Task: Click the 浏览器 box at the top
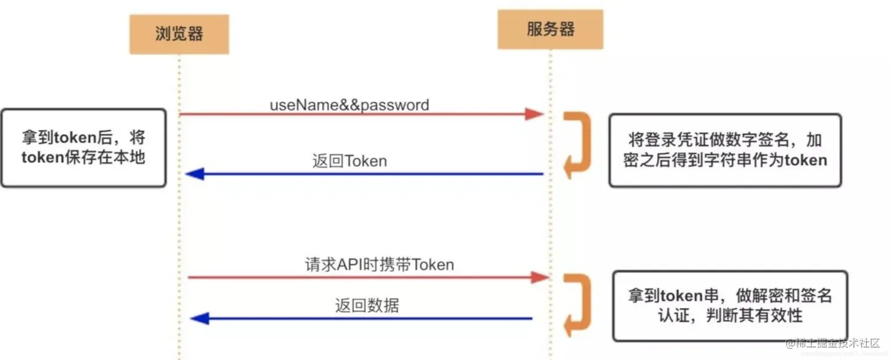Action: pyautogui.click(x=179, y=34)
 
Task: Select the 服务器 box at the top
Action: pyautogui.click(x=550, y=29)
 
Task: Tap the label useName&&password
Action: pyautogui.click(x=349, y=105)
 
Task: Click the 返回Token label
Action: pyautogui.click(x=349, y=161)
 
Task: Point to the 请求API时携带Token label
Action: pyautogui.click(x=379, y=265)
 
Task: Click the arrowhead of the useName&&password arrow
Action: pyautogui.click(x=533, y=114)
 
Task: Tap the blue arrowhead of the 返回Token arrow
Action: pyautogui.click(x=194, y=174)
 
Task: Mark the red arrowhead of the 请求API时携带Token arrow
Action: pyautogui.click(x=539, y=277)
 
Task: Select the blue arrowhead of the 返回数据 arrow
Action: pyautogui.click(x=200, y=319)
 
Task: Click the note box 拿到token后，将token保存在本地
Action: pyautogui.click(x=83, y=148)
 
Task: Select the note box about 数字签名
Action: pyautogui.click(x=725, y=150)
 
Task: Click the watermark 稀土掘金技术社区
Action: pyautogui.click(x=830, y=344)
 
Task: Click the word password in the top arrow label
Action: pyautogui.click(x=394, y=105)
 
